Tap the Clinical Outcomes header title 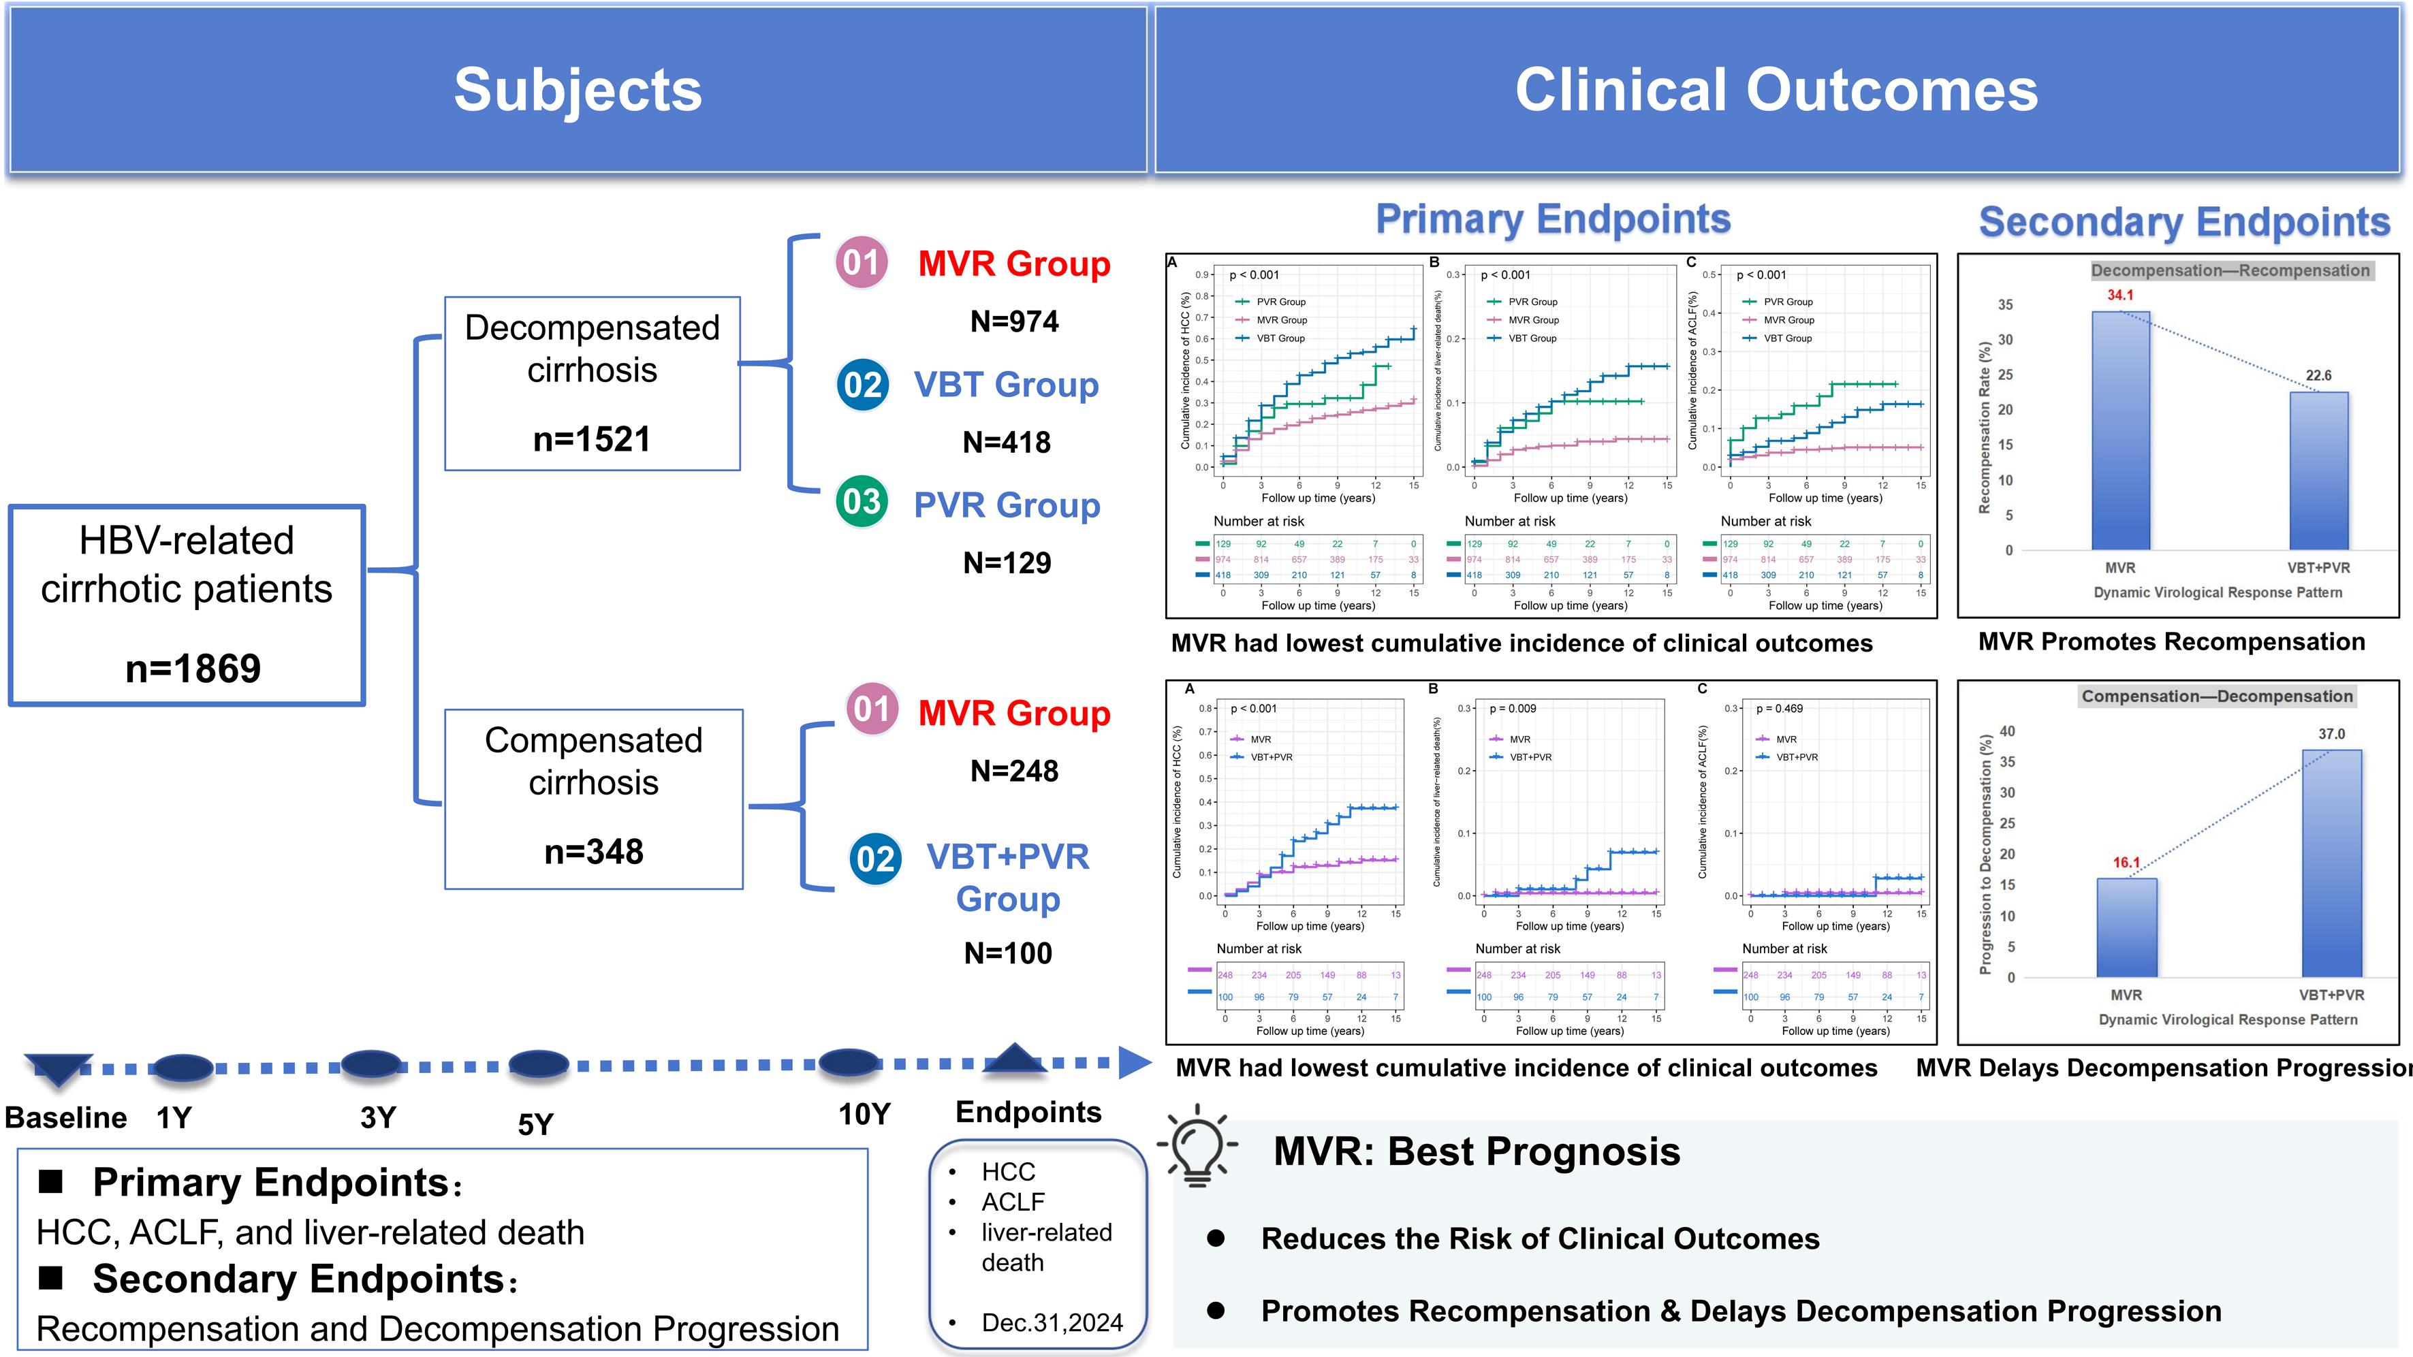1776,90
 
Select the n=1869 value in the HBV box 193,669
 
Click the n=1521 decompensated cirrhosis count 592,438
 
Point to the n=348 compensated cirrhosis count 594,851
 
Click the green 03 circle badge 862,502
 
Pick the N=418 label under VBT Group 1007,442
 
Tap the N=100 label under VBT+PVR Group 1008,953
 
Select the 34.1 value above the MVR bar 2120,295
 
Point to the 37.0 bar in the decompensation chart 2331,861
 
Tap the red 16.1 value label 2126,863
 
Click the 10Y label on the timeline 864,1115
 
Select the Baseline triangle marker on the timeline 58,1068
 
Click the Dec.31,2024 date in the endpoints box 1052,1322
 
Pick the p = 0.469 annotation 1779,709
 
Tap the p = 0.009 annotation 1513,709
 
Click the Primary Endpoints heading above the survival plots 1552,219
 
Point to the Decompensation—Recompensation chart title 2230,270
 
